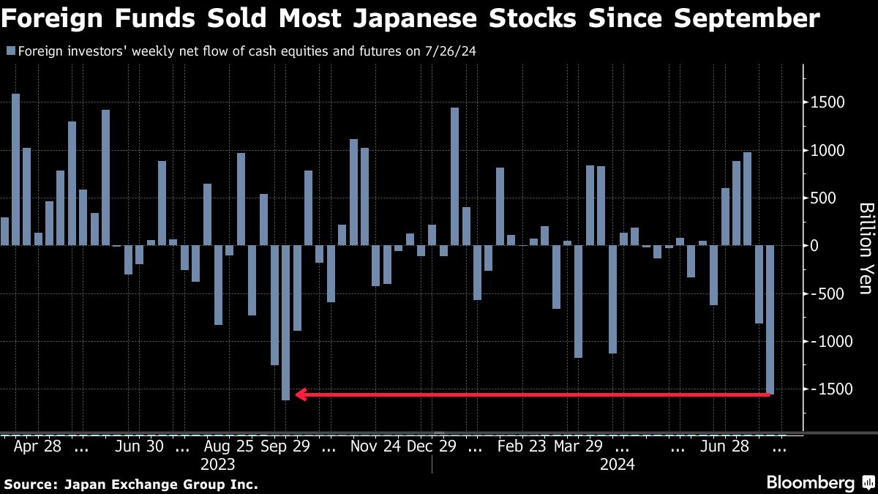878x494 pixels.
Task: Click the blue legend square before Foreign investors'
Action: (10, 51)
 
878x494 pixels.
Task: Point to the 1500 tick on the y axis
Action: (828, 102)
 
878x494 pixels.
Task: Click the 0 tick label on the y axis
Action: (814, 246)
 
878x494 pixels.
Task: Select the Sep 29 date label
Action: (288, 446)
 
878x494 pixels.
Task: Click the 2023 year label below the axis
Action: (218, 465)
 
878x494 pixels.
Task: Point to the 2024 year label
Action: (617, 465)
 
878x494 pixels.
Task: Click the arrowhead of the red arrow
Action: (300, 394)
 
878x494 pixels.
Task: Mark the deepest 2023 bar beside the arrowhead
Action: (286, 322)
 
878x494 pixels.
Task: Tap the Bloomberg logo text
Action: (810, 483)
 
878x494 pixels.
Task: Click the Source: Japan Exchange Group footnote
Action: (131, 484)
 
